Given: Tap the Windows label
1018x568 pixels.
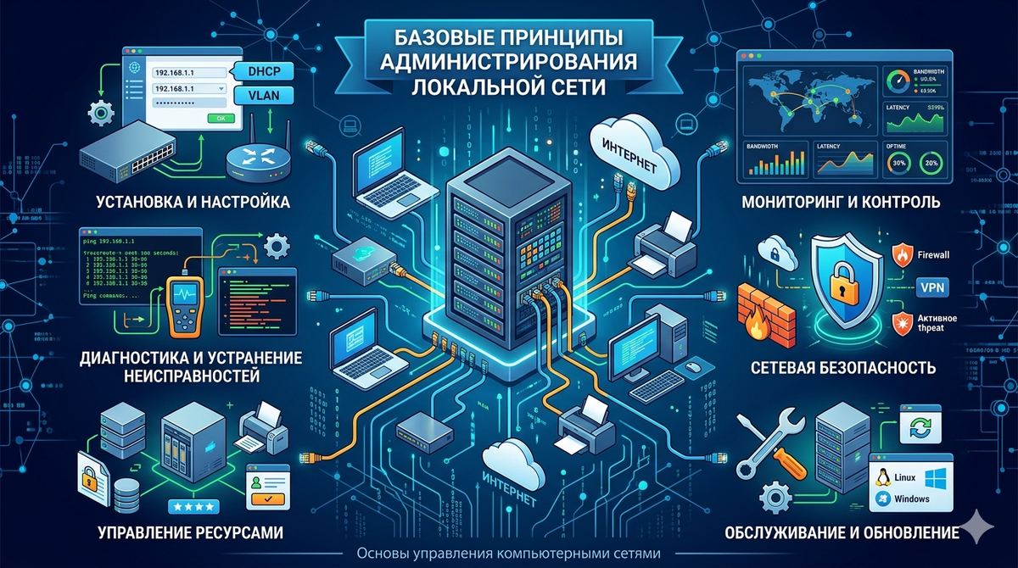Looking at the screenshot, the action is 910,498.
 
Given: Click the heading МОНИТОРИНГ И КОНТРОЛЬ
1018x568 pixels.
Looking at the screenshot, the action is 840,203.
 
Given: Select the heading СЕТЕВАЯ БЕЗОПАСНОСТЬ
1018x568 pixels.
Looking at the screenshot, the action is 842,368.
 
